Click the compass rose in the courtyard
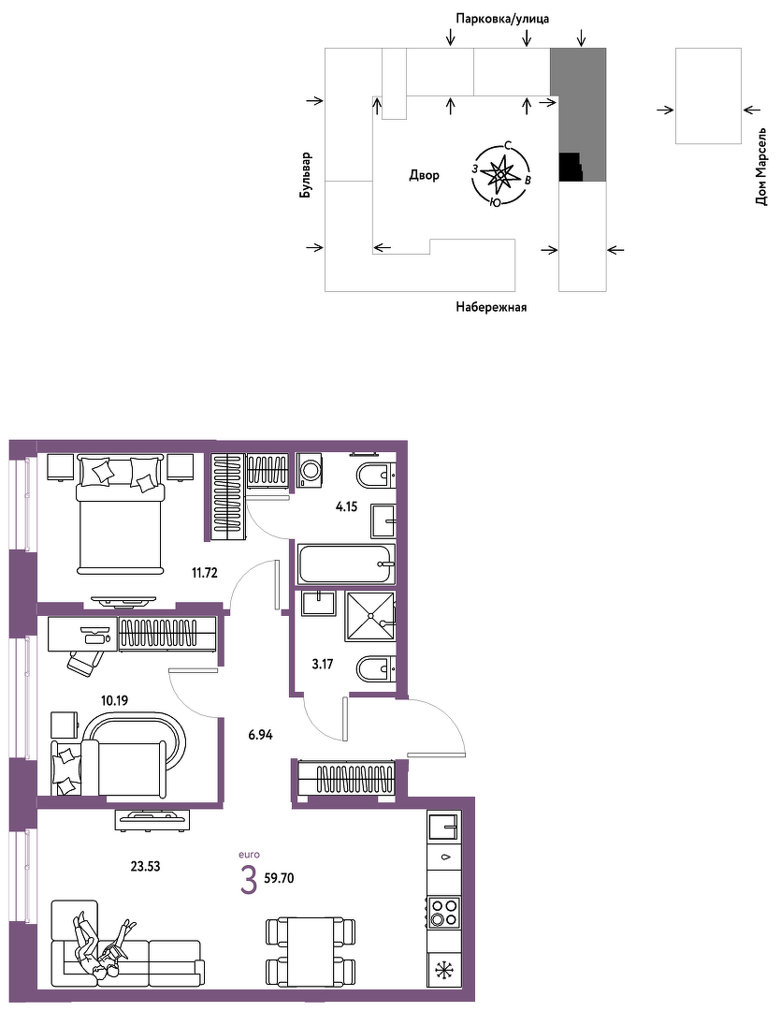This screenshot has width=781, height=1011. [x=501, y=174]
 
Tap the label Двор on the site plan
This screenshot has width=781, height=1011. [x=424, y=175]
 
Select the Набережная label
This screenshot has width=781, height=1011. [x=491, y=307]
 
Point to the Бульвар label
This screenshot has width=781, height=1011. [x=306, y=175]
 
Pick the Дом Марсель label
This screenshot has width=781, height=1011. [x=761, y=167]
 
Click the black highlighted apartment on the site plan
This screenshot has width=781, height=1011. [x=571, y=167]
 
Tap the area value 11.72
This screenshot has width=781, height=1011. [x=204, y=572]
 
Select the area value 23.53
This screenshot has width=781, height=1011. [x=145, y=866]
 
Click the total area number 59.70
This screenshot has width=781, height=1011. [x=279, y=877]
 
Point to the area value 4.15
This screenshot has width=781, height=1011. [x=347, y=506]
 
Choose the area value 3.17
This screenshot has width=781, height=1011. [x=322, y=664]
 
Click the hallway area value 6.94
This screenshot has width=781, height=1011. [x=260, y=734]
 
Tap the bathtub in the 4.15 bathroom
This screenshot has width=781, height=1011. [x=346, y=564]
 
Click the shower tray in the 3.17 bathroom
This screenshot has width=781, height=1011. [x=369, y=617]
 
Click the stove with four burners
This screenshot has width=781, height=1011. [x=444, y=912]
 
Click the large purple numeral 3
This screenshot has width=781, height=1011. [x=248, y=881]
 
